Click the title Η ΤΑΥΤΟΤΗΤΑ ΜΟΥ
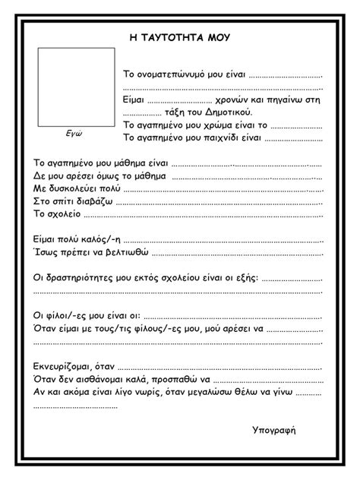(180, 37)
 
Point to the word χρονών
(238, 99)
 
